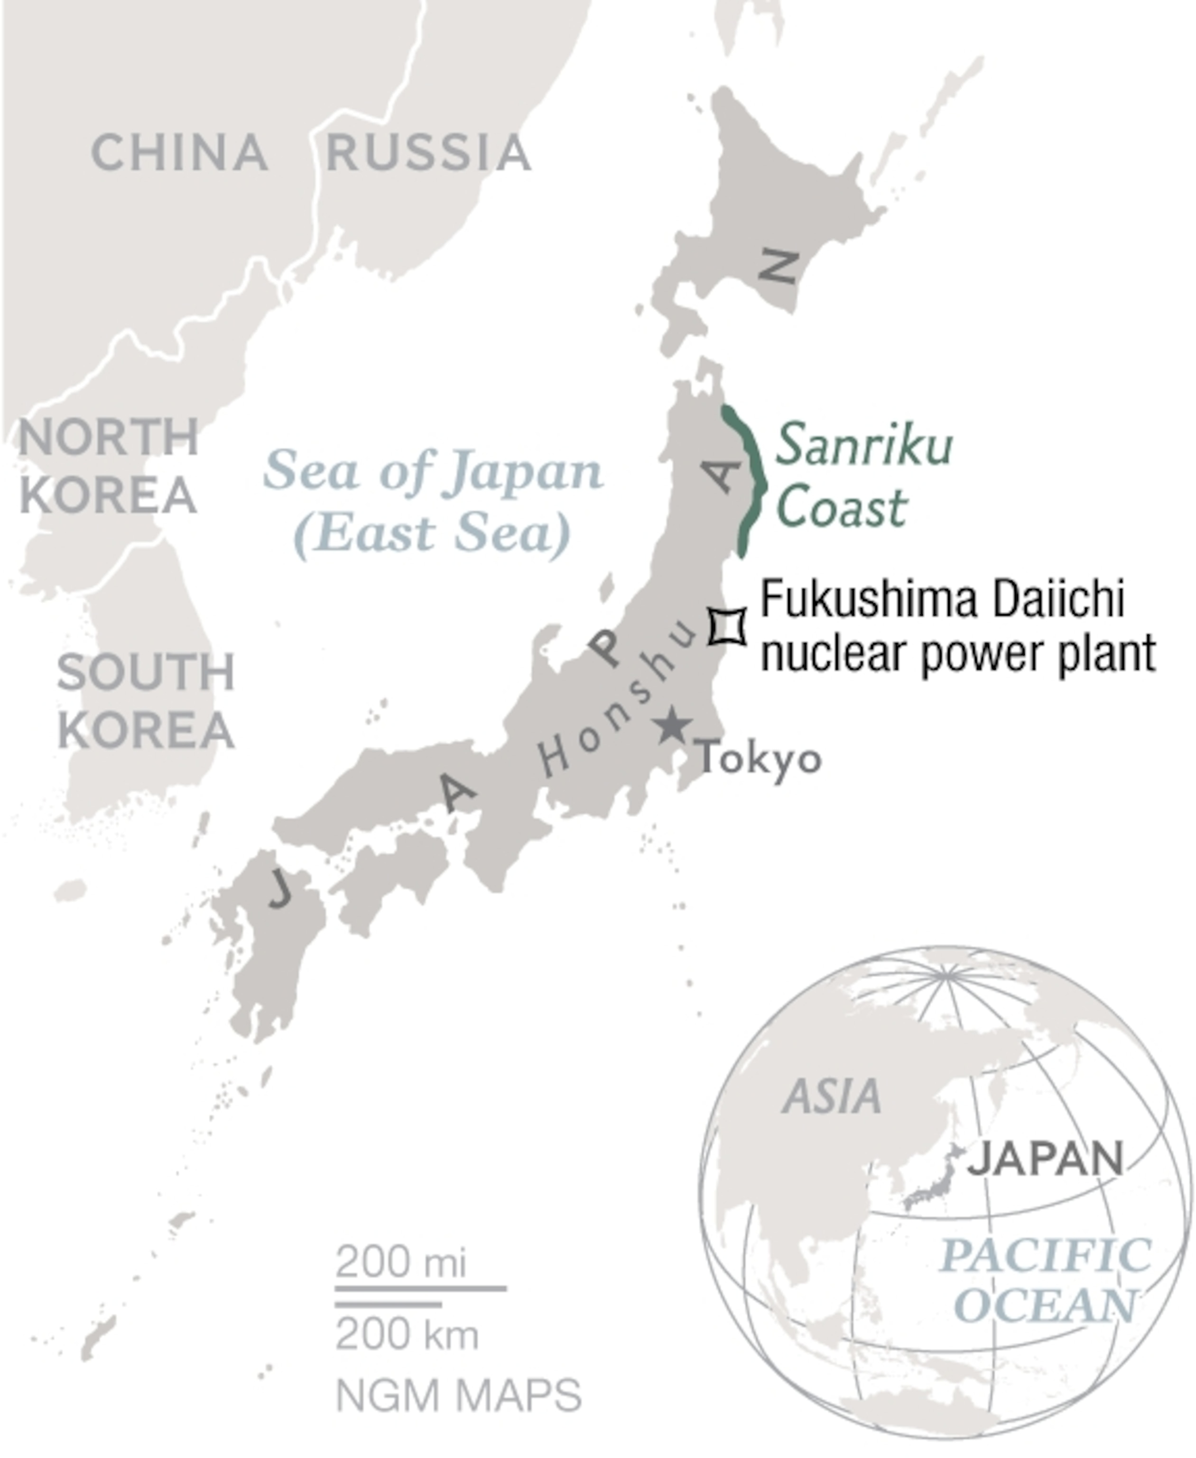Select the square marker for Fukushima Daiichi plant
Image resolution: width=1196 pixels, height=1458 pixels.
tap(728, 626)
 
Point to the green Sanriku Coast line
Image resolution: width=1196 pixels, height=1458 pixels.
tap(755, 476)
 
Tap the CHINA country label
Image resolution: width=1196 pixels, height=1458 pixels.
tap(179, 152)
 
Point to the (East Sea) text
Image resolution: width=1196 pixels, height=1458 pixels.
tap(433, 532)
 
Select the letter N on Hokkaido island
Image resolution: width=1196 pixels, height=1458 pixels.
tap(779, 267)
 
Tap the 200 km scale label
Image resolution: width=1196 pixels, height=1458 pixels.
tap(407, 1335)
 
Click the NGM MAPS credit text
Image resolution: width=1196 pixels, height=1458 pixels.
tap(459, 1395)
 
